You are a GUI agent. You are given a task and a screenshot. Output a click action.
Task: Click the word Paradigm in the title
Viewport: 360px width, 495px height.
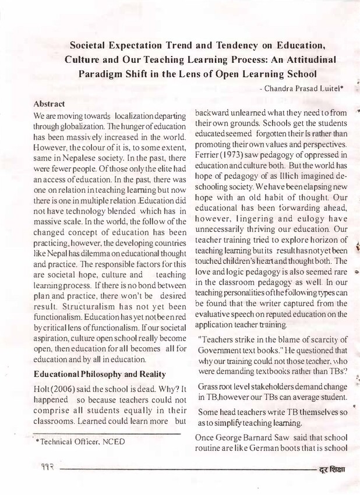click(x=105, y=75)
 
